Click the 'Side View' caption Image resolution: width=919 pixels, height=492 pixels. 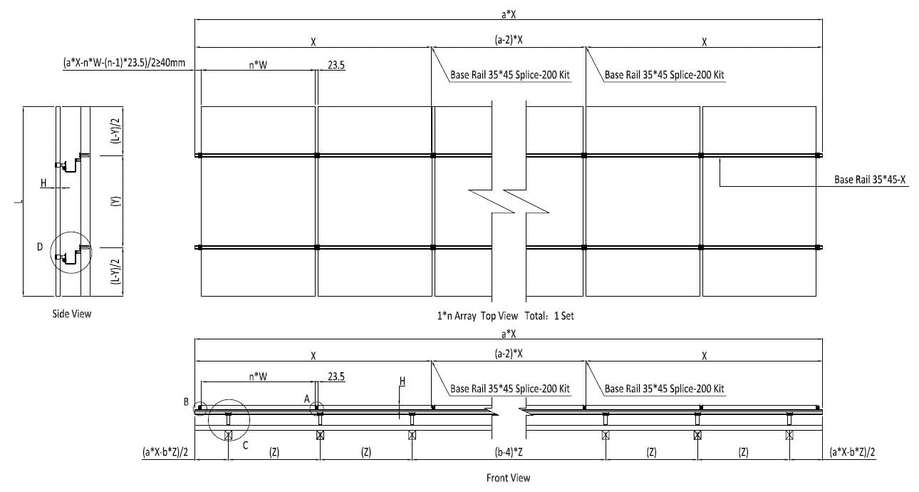(x=72, y=314)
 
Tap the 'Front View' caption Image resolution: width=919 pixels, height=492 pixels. (x=509, y=478)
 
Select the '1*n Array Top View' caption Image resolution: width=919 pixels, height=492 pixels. (x=477, y=316)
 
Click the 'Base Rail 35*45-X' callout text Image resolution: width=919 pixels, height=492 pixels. (x=870, y=180)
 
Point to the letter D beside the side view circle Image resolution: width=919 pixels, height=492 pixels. (x=40, y=247)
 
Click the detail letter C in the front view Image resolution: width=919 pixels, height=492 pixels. (x=245, y=446)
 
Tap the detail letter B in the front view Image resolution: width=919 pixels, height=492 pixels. (x=186, y=402)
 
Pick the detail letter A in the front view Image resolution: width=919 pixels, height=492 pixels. (x=306, y=399)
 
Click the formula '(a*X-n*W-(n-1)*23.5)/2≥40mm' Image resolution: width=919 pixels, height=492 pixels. (x=124, y=63)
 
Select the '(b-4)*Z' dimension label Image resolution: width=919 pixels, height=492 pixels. (x=509, y=452)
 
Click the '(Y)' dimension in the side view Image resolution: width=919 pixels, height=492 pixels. (x=117, y=201)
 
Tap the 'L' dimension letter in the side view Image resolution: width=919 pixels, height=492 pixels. (x=18, y=201)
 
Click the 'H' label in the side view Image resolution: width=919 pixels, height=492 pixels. (x=43, y=183)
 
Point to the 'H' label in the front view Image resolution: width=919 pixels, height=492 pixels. (x=402, y=381)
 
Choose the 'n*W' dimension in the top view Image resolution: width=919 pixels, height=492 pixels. (x=258, y=65)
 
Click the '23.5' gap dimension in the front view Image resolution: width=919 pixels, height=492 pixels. (x=336, y=376)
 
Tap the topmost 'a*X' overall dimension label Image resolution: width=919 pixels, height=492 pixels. (x=509, y=14)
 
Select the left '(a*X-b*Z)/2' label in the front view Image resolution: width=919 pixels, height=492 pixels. (x=165, y=452)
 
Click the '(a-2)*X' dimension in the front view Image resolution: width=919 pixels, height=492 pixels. (x=509, y=354)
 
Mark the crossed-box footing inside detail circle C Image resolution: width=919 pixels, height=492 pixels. (x=228, y=435)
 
